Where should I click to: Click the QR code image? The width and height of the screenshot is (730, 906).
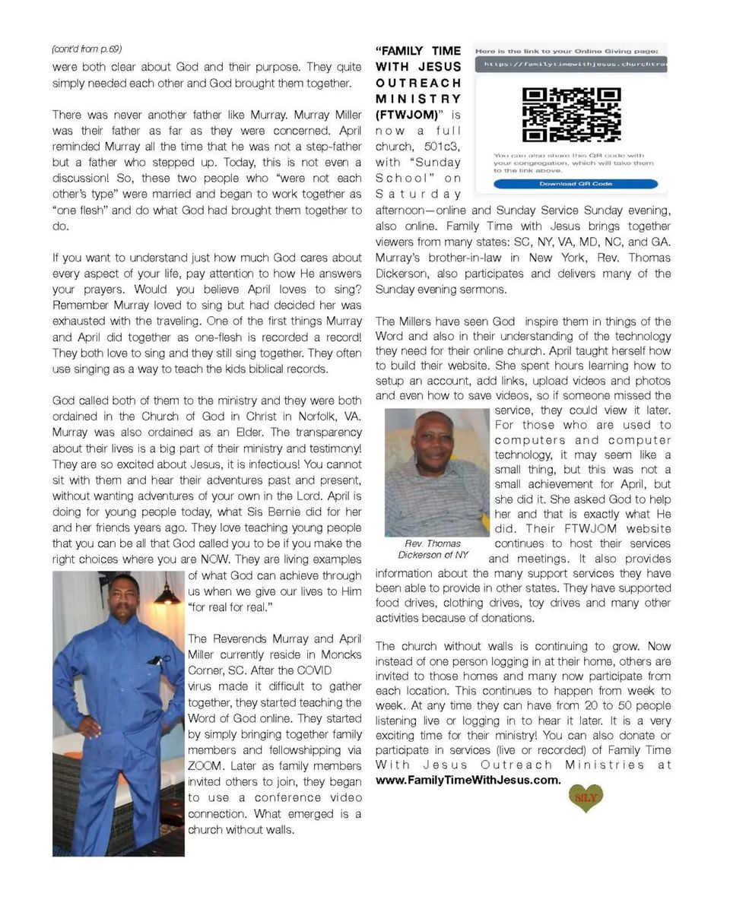tap(571, 115)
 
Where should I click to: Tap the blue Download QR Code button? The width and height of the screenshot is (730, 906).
tap(576, 184)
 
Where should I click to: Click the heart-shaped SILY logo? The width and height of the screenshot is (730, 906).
tap(586, 797)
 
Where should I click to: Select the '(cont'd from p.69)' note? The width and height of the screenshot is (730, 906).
tap(87, 49)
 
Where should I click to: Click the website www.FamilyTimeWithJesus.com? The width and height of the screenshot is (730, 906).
tap(468, 780)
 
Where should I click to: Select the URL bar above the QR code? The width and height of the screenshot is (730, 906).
tap(571, 65)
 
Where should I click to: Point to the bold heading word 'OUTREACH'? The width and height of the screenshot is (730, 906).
tap(418, 82)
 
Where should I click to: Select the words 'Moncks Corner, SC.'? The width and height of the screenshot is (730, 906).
tap(228, 663)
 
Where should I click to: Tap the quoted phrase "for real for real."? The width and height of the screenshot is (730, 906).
tap(230, 607)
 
